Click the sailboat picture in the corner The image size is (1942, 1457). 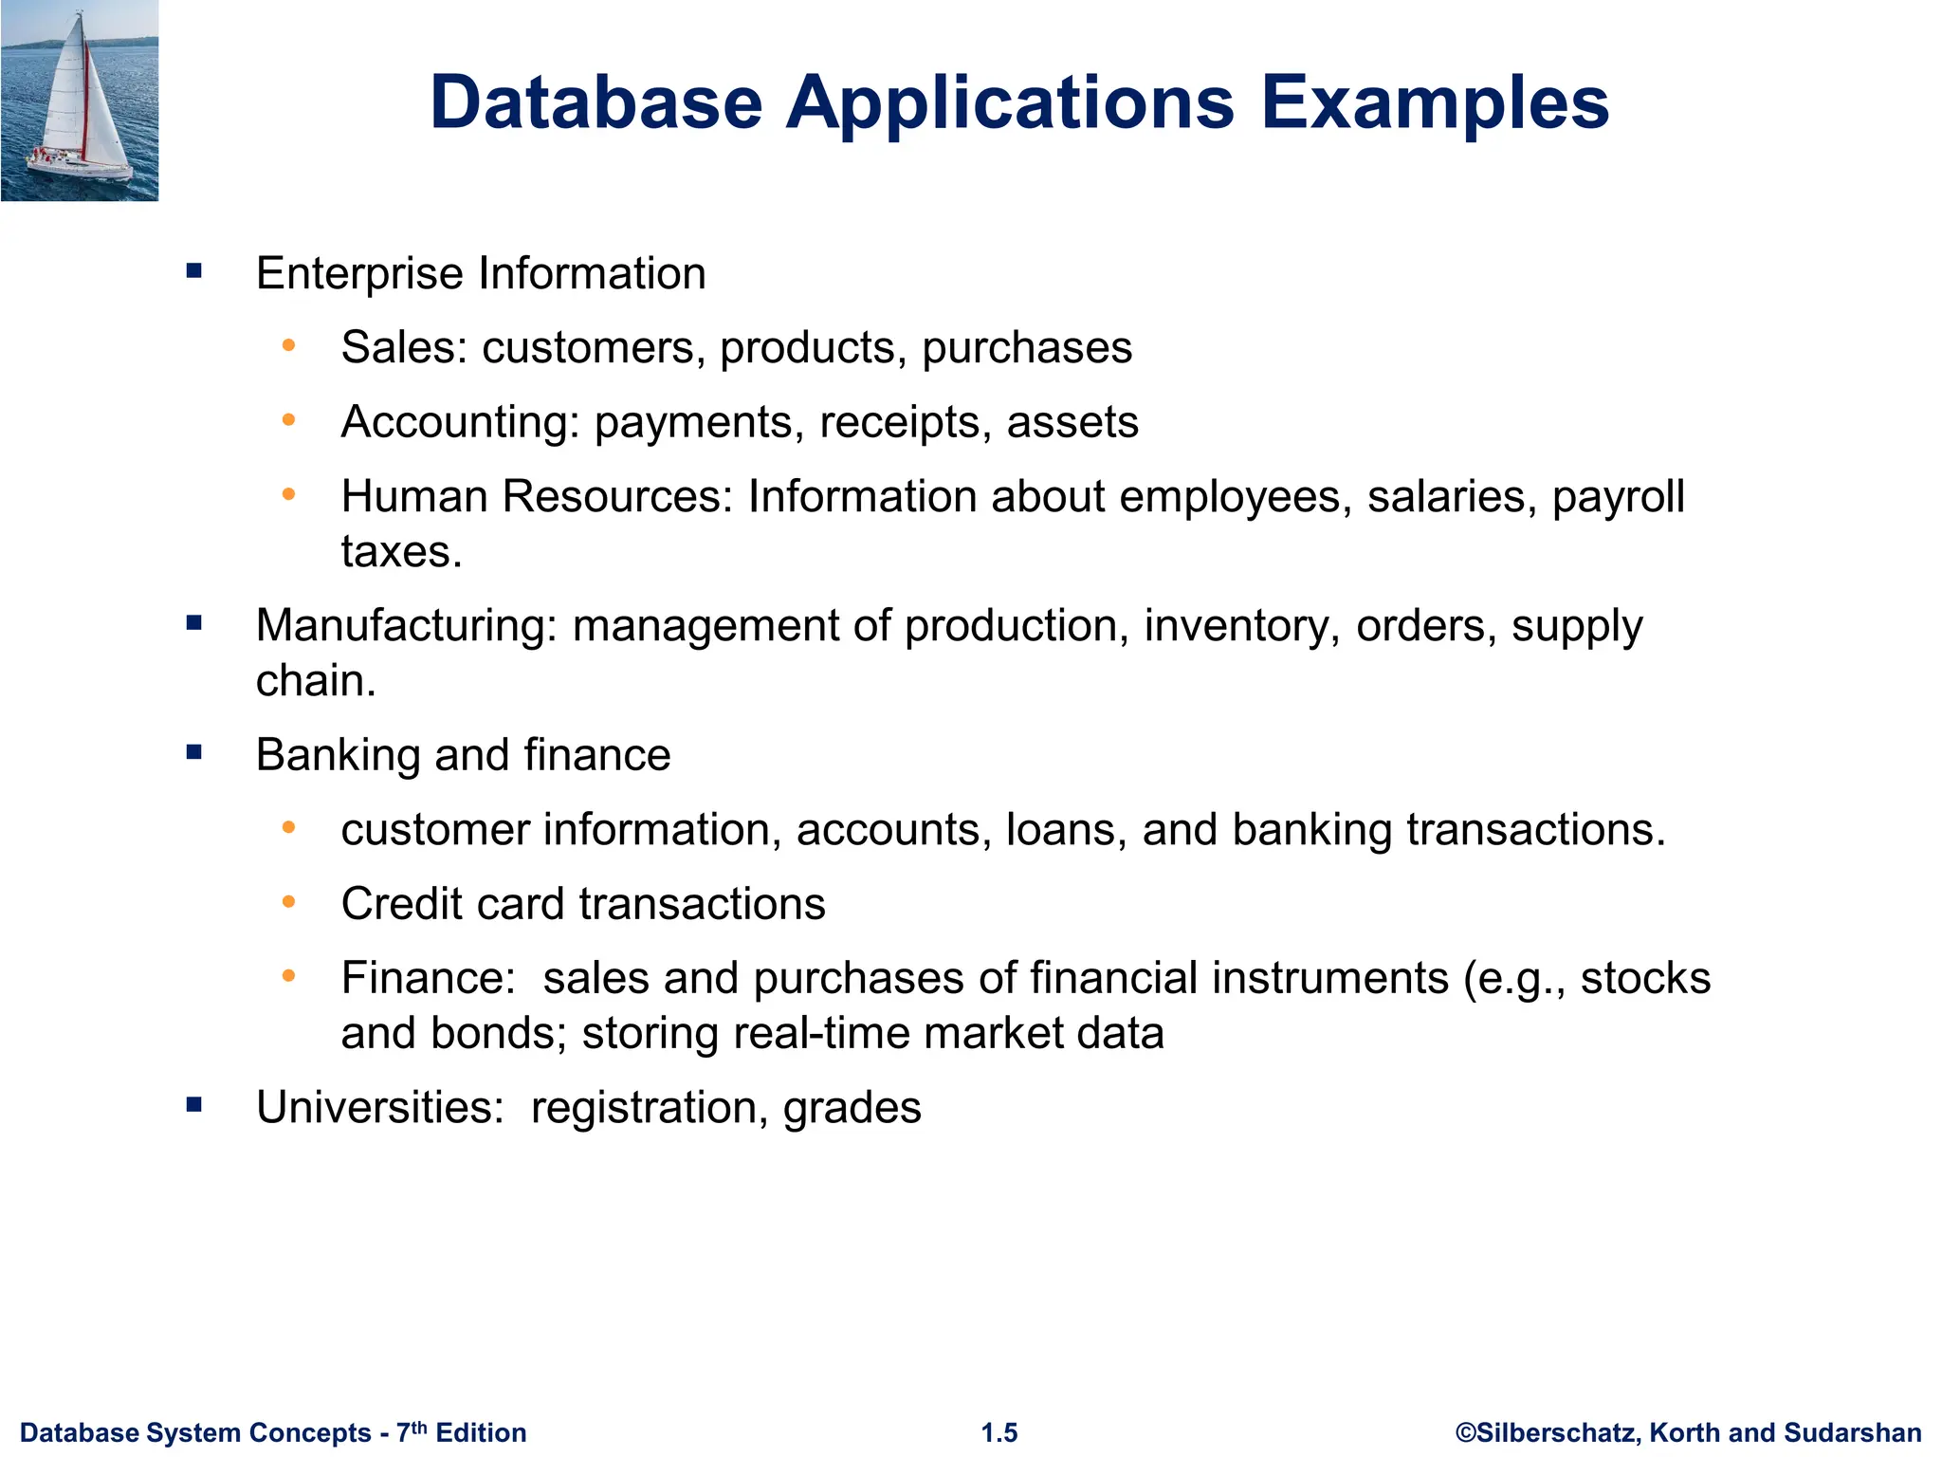80,101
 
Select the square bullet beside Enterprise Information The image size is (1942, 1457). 194,272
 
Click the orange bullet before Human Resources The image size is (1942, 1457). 289,494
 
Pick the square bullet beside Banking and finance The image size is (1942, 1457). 194,754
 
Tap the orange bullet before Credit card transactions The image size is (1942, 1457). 289,902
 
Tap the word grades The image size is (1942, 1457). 852,1108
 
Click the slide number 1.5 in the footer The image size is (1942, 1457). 999,1432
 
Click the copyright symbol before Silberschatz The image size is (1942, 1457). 1466,1432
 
